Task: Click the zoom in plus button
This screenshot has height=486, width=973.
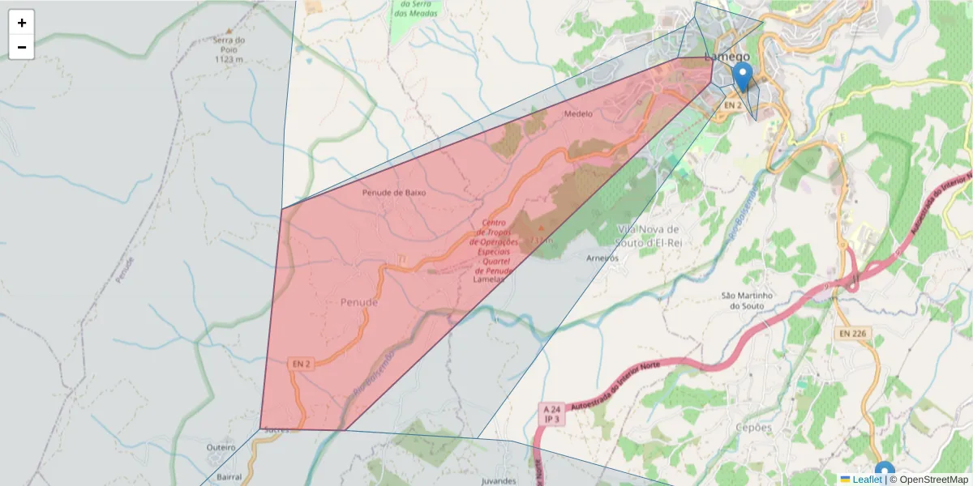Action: point(22,23)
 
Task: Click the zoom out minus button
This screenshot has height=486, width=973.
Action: point(22,47)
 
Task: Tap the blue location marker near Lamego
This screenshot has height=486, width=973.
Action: point(742,78)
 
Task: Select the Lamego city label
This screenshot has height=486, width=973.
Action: point(729,57)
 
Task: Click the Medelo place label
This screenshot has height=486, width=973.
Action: point(578,114)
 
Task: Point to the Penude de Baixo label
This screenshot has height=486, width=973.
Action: point(393,193)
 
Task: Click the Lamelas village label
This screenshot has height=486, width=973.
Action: point(489,279)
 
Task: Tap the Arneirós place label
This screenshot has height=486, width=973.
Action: point(602,258)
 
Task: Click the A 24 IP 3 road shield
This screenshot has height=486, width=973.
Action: point(553,415)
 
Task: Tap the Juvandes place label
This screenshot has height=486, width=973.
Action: point(499,480)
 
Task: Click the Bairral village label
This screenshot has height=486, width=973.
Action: point(229,478)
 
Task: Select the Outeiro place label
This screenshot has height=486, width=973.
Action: point(221,447)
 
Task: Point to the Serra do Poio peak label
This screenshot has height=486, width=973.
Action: point(229,49)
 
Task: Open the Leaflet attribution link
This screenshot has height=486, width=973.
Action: point(866,480)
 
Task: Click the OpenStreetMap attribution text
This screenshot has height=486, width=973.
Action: point(932,480)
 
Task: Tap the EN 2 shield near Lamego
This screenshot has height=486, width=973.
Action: point(733,105)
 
